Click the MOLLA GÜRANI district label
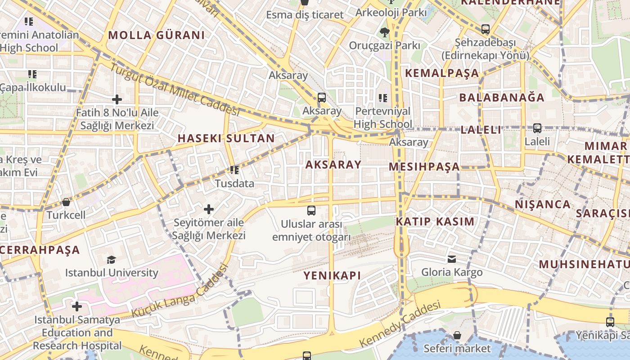(x=156, y=35)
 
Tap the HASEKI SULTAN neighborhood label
(x=226, y=139)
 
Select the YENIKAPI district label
(x=332, y=275)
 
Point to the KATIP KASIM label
(x=435, y=221)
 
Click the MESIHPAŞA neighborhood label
(x=424, y=167)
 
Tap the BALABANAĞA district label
(x=502, y=98)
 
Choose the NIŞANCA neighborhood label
(x=543, y=204)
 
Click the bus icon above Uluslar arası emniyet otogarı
(x=311, y=210)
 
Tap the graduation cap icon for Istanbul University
(x=111, y=259)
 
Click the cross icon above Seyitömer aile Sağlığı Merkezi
(x=209, y=209)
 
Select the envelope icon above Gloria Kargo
(x=452, y=259)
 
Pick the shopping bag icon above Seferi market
(x=457, y=335)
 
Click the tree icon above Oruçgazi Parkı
(x=384, y=32)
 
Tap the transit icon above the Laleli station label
(x=537, y=128)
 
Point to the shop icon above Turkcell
(x=66, y=202)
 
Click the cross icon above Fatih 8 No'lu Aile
(x=117, y=99)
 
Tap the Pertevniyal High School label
(x=383, y=117)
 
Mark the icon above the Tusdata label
(x=234, y=170)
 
